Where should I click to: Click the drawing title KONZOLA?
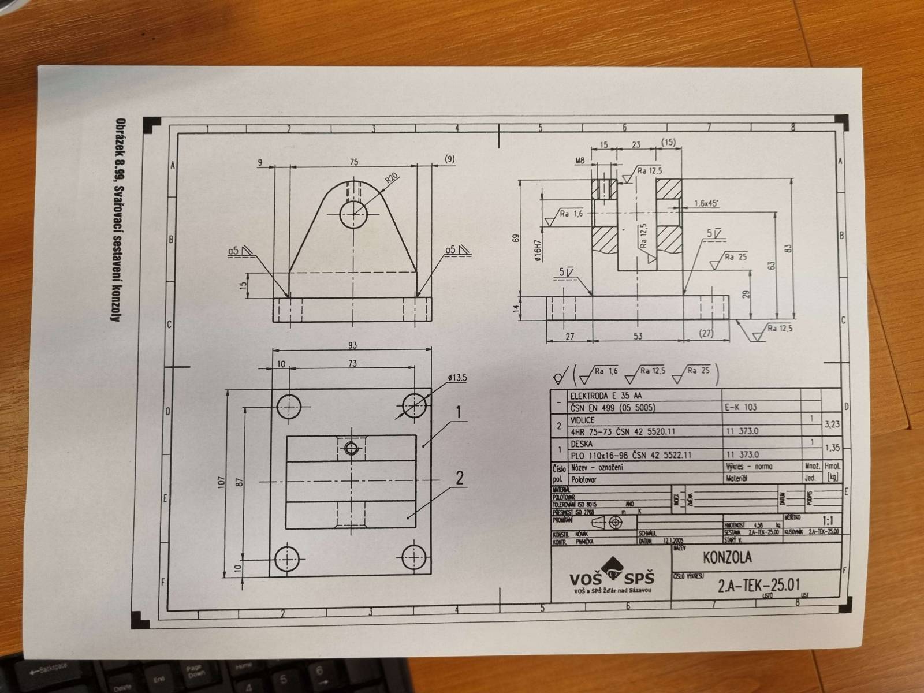click(x=727, y=558)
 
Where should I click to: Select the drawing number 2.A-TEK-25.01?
click(x=759, y=586)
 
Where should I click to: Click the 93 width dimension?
click(x=352, y=345)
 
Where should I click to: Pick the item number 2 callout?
click(x=460, y=478)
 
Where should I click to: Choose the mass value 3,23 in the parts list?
click(x=833, y=423)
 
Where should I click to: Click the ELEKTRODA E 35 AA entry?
click(x=606, y=396)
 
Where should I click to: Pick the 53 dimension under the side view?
click(x=638, y=337)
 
